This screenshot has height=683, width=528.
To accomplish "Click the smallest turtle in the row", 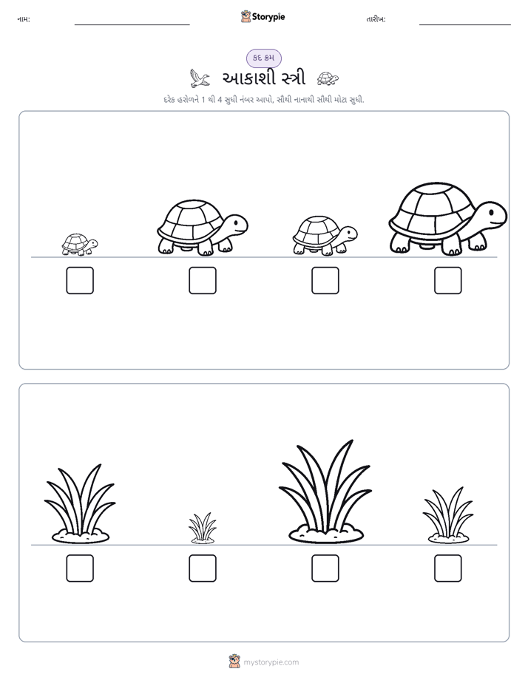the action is click(x=80, y=245).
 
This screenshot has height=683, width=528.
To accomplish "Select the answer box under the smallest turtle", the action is click(x=80, y=281).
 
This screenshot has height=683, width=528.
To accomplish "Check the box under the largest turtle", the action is click(x=448, y=281).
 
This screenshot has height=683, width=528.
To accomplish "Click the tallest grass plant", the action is click(x=325, y=492).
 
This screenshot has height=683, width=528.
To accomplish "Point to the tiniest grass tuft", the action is click(x=203, y=528).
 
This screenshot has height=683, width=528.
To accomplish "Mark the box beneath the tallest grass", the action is click(x=325, y=568).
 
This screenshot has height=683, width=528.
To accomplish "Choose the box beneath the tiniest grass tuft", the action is click(x=203, y=568).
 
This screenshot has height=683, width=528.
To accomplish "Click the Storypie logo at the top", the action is click(x=263, y=16).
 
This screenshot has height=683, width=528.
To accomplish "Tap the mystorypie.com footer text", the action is click(x=271, y=662).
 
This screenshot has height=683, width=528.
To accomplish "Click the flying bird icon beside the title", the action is click(x=200, y=78).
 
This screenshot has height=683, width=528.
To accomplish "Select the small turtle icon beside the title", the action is click(x=328, y=78).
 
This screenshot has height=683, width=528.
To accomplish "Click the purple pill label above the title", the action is click(x=263, y=58).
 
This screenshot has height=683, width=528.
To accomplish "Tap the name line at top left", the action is click(x=132, y=25).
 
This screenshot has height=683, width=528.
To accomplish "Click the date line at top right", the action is click(x=465, y=25).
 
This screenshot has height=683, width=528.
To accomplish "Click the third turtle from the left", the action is click(x=325, y=235).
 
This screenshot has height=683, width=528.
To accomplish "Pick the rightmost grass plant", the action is click(x=448, y=515).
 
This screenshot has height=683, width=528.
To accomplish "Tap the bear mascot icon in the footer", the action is click(x=234, y=662).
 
